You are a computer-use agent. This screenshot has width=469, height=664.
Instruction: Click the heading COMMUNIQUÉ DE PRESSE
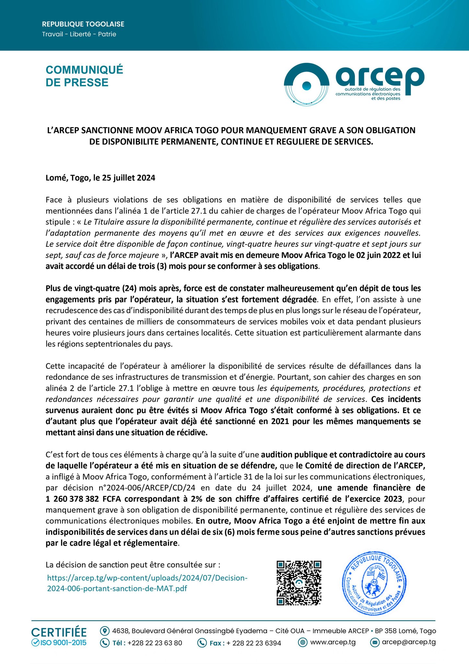pos(84,76)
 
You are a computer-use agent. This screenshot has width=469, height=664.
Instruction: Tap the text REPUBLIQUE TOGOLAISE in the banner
pos(83,24)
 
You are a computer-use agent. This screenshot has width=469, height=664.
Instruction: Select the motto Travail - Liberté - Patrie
pos(79,34)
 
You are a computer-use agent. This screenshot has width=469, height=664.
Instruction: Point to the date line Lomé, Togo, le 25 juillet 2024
pos(100,178)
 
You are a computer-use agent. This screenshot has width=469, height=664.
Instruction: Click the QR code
pos(299,583)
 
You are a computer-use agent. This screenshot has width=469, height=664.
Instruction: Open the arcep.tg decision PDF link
pos(147,583)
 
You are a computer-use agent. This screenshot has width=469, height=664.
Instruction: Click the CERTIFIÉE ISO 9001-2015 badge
pos(59,637)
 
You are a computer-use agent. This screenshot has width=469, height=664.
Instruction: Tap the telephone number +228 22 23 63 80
pos(155,643)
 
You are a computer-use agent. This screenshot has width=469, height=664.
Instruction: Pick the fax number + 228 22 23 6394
pos(253,643)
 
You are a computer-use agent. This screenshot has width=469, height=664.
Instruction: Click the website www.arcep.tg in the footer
pos(333,642)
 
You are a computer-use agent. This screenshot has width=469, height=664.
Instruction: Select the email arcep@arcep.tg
pos(409,642)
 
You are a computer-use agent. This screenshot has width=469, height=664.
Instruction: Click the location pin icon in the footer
pos(104,631)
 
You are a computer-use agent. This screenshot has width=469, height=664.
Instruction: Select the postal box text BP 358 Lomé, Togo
pos(405,631)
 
